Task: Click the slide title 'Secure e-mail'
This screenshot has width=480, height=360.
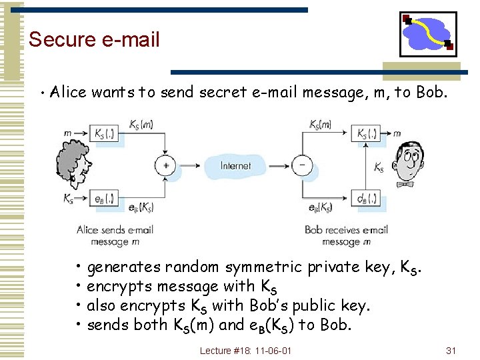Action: (94, 39)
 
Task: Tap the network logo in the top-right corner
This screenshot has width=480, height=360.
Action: (428, 34)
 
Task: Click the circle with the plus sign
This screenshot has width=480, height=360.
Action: (165, 165)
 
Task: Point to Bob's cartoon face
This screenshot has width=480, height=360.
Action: (411, 164)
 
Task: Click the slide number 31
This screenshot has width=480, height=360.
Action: (451, 350)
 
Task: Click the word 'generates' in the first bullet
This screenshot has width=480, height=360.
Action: (123, 267)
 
